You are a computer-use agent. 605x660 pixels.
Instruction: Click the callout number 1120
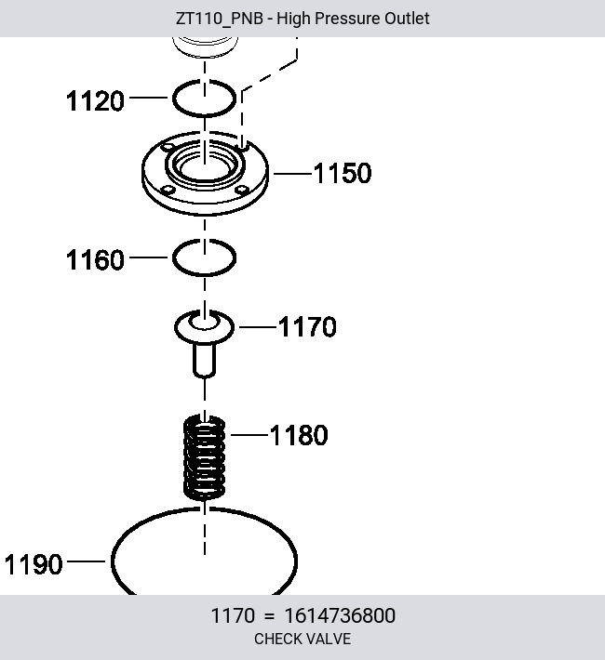coord(95,101)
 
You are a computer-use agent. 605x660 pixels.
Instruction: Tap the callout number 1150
coord(343,173)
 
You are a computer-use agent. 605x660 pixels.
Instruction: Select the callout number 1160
coord(95,259)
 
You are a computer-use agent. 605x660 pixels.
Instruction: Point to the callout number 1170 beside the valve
coord(307,326)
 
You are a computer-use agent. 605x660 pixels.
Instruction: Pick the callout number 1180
coord(299,435)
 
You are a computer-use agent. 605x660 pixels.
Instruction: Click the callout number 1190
coord(34,564)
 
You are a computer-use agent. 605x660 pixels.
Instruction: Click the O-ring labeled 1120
coord(174,98)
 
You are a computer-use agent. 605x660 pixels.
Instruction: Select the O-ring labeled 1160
coord(174,257)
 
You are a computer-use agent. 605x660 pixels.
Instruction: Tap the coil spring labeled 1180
coord(205,457)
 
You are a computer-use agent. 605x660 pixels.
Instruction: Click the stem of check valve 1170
coord(205,361)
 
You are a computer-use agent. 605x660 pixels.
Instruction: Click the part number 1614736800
coord(340,615)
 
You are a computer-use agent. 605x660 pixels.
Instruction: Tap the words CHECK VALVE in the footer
coord(302,639)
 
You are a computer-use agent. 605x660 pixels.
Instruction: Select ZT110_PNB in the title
coord(220,19)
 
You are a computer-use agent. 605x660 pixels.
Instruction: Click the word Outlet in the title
coord(407,19)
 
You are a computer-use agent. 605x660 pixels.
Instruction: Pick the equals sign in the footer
coord(269,616)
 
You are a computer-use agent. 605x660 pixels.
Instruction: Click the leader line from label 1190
coord(86,561)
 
